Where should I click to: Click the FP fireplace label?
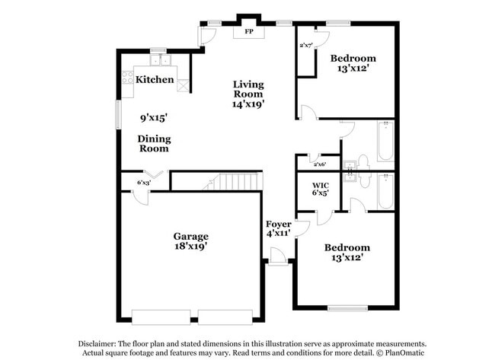click(248, 32)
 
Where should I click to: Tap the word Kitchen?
click(155, 79)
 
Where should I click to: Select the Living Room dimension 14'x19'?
click(248, 104)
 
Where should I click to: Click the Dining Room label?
click(154, 144)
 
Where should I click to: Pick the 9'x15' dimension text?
click(153, 117)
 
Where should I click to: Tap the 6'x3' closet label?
click(143, 183)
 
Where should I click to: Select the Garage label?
click(190, 236)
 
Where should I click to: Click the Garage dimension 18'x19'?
click(190, 247)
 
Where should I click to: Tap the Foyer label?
click(278, 225)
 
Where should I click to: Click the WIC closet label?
click(321, 184)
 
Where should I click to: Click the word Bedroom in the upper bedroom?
click(353, 58)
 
